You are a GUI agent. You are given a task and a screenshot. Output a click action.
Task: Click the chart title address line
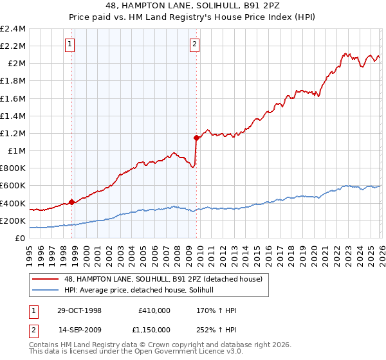[192, 6]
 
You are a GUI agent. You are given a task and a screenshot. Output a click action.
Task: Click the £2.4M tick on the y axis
[13, 29]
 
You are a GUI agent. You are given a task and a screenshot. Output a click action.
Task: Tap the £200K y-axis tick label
[13, 221]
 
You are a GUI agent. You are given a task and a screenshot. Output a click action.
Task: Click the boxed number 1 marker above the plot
[69, 44]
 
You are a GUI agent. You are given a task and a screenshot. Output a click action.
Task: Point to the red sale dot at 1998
[72, 202]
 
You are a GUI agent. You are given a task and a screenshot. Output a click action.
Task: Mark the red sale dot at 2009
[196, 137]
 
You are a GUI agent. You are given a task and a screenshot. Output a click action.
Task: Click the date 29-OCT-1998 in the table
[79, 310]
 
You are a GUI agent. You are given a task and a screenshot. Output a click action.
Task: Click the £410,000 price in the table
[154, 310]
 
